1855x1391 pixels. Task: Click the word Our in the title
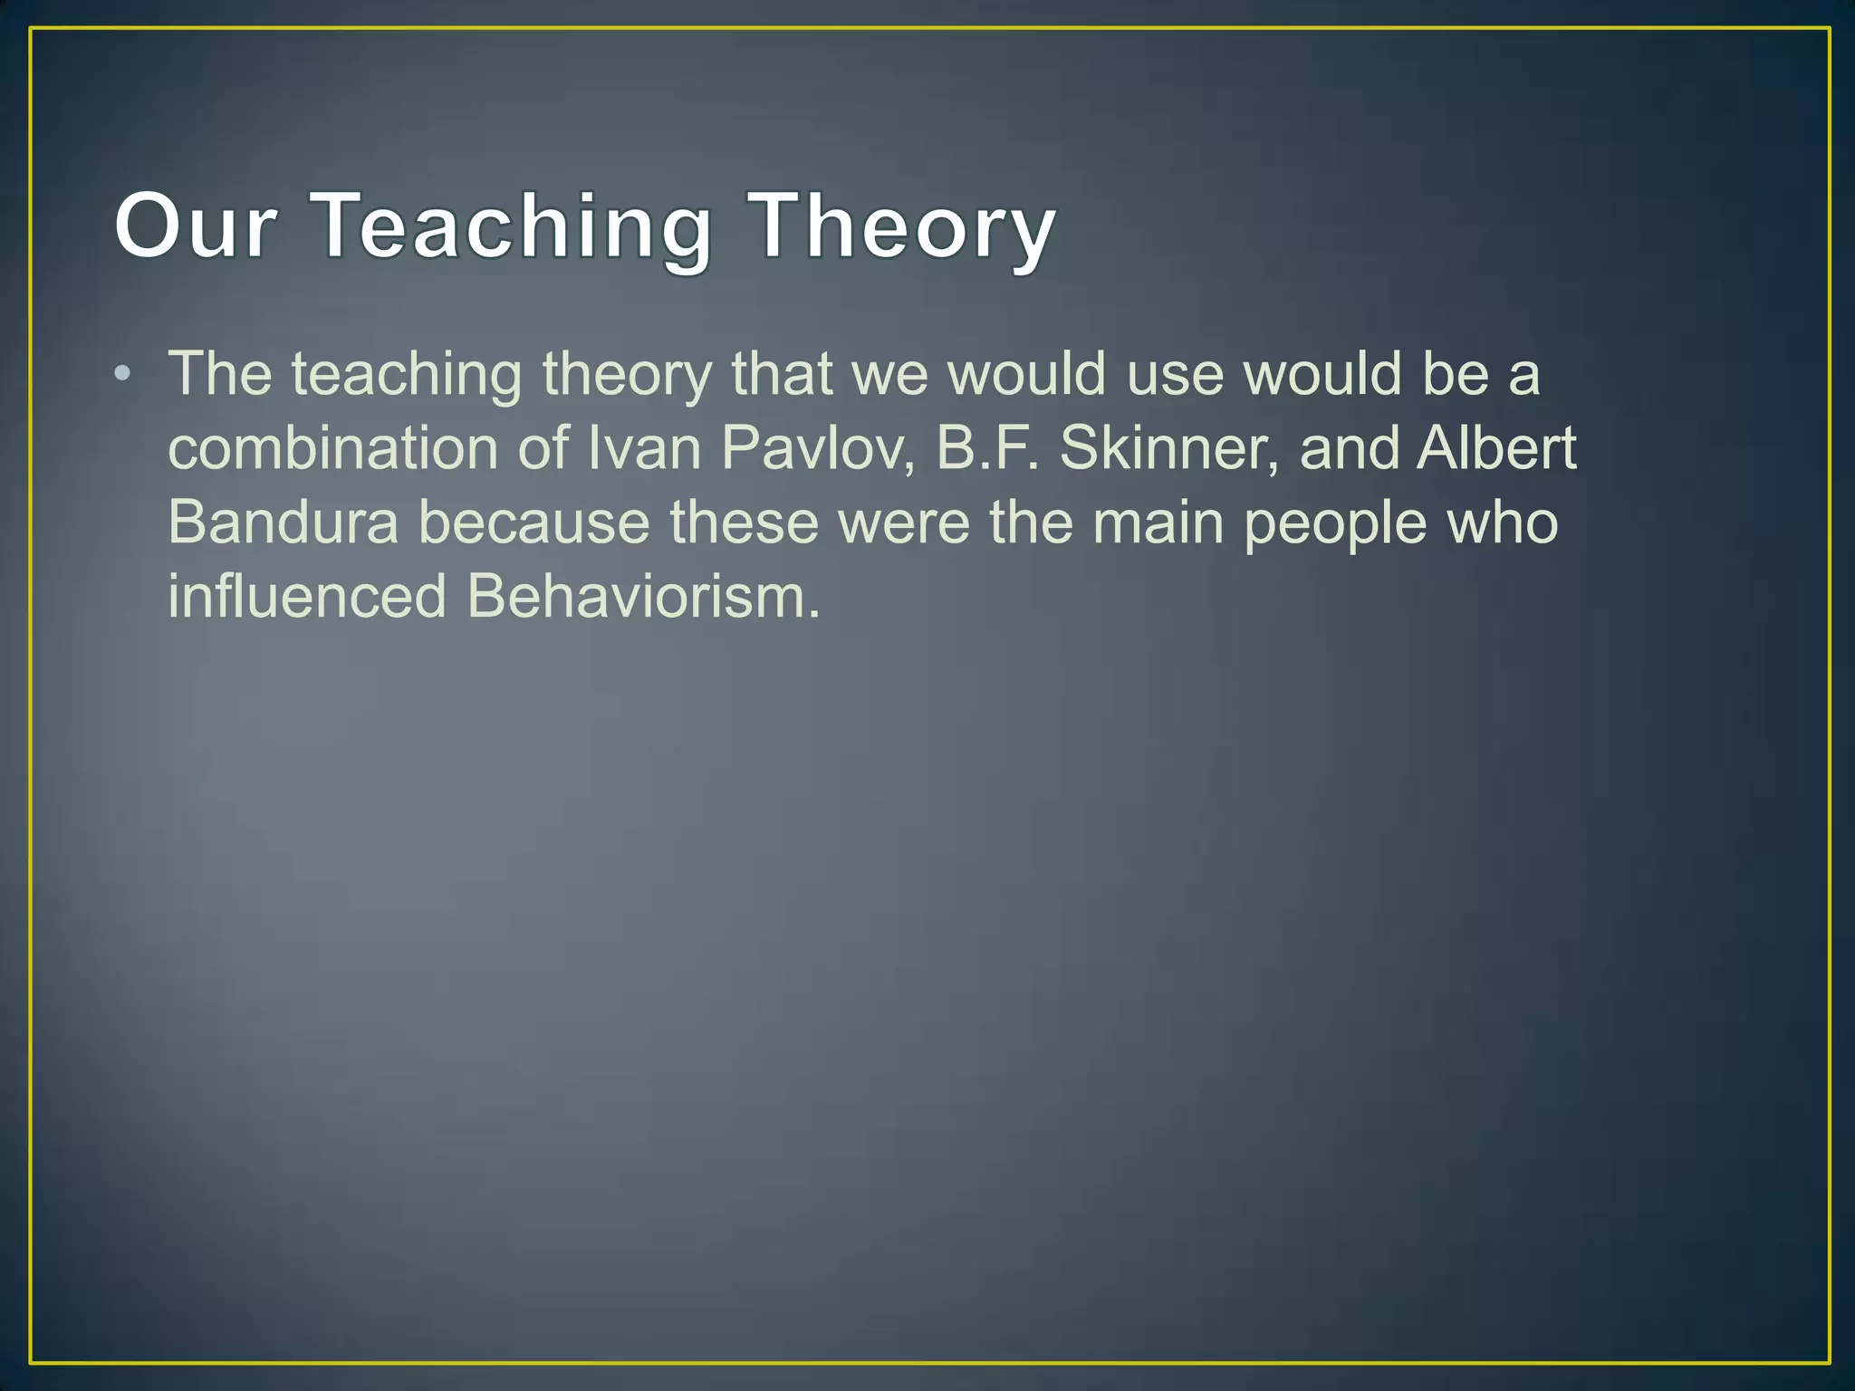click(x=195, y=225)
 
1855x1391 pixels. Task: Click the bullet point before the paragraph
click(x=123, y=373)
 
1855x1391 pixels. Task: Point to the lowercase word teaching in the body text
click(x=407, y=373)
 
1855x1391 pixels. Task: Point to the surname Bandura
click(x=283, y=523)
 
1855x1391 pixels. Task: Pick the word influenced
click(x=307, y=597)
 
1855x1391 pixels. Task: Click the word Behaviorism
click(x=643, y=597)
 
